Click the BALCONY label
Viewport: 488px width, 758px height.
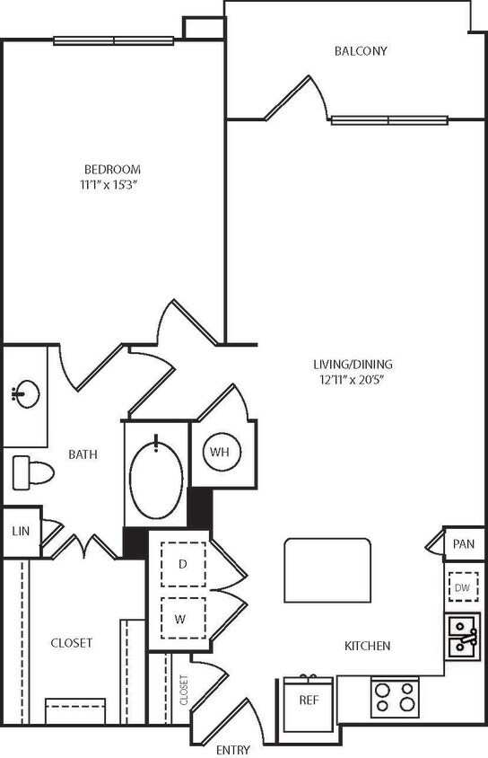pyautogui.click(x=361, y=51)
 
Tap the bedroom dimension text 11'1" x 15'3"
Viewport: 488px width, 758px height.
pyautogui.click(x=112, y=184)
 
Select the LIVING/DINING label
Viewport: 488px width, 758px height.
pyautogui.click(x=353, y=365)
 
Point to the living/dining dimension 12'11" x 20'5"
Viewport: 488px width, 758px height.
pyautogui.click(x=353, y=379)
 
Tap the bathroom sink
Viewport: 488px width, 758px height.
pyautogui.click(x=24, y=394)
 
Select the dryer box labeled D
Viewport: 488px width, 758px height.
pyautogui.click(x=183, y=565)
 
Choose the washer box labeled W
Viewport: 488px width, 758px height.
pyautogui.click(x=183, y=619)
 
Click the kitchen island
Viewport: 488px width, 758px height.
pyautogui.click(x=327, y=570)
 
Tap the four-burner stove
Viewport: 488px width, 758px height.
pyautogui.click(x=396, y=695)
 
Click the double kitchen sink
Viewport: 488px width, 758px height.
pyautogui.click(x=462, y=635)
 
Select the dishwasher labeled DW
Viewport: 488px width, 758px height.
pyautogui.click(x=462, y=587)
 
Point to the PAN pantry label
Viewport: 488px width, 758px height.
pyautogui.click(x=464, y=543)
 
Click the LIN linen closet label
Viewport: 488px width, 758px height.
pyautogui.click(x=21, y=531)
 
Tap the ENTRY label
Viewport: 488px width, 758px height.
pyautogui.click(x=232, y=749)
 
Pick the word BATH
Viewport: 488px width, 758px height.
pyautogui.click(x=83, y=454)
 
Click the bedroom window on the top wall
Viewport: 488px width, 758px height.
pyautogui.click(x=113, y=40)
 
